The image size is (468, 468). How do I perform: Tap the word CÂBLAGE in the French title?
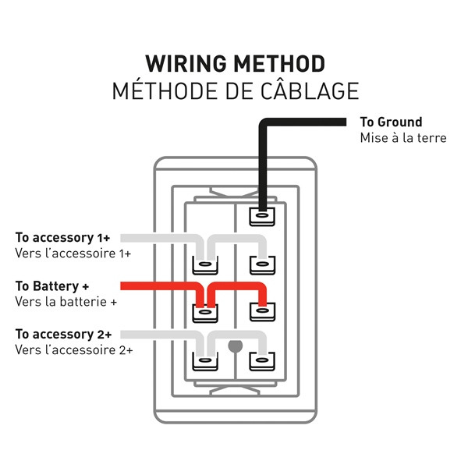(310, 90)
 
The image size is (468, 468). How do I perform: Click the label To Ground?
(391, 122)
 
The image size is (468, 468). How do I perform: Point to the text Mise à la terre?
(402, 138)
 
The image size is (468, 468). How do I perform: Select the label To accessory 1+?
(63, 236)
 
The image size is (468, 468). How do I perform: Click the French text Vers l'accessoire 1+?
(73, 253)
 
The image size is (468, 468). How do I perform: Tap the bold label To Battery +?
(57, 285)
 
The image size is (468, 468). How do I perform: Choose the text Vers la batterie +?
(66, 301)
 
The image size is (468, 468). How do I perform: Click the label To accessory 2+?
(63, 334)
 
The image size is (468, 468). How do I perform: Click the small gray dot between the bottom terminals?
(232, 344)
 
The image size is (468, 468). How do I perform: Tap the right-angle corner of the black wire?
(264, 123)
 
